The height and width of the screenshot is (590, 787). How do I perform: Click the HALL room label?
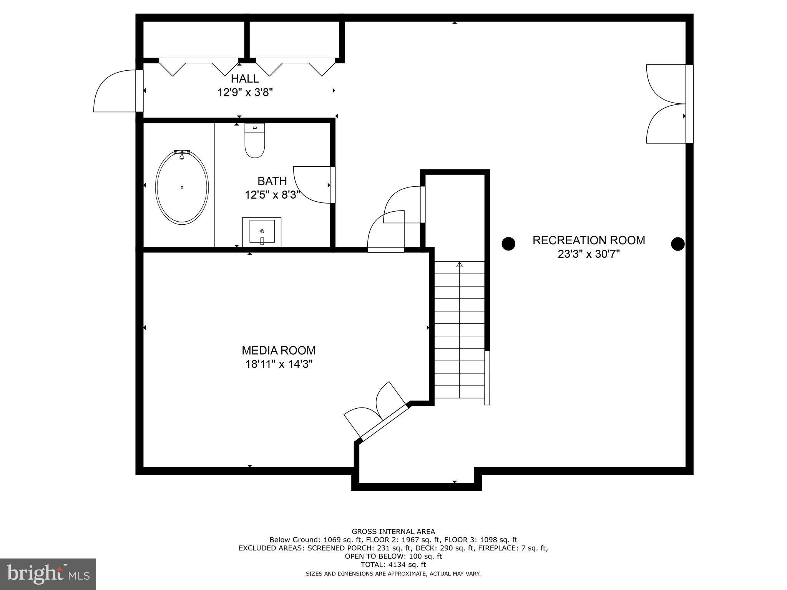[245, 79]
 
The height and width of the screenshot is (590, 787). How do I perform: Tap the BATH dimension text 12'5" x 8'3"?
[272, 195]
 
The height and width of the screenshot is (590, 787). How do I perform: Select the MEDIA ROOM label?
[279, 350]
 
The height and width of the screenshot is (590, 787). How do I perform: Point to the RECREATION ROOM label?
[588, 240]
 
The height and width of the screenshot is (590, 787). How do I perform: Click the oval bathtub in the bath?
[182, 187]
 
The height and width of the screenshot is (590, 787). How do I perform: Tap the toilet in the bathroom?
[255, 142]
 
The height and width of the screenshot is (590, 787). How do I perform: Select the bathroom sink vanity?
[262, 232]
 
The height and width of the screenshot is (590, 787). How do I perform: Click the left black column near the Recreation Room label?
[508, 244]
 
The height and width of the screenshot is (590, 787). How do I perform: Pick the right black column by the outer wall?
[677, 244]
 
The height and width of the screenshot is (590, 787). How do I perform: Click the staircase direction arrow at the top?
[460, 264]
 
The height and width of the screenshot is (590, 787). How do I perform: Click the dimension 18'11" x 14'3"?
[279, 364]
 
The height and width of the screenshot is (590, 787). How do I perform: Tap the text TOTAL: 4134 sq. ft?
[393, 565]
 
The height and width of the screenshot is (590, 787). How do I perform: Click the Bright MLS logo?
[48, 574]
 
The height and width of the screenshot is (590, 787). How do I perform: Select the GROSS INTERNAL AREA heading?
[393, 532]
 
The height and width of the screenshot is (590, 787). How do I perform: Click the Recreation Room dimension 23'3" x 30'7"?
[588, 254]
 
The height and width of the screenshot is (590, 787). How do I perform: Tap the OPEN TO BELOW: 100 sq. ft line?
[393, 556]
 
